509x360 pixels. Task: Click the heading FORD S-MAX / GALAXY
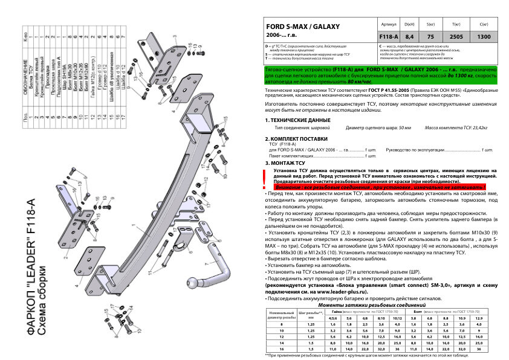[303, 28]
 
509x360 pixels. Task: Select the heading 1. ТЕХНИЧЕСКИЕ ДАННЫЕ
[297, 121]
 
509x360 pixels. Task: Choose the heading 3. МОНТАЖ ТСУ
[285, 163]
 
